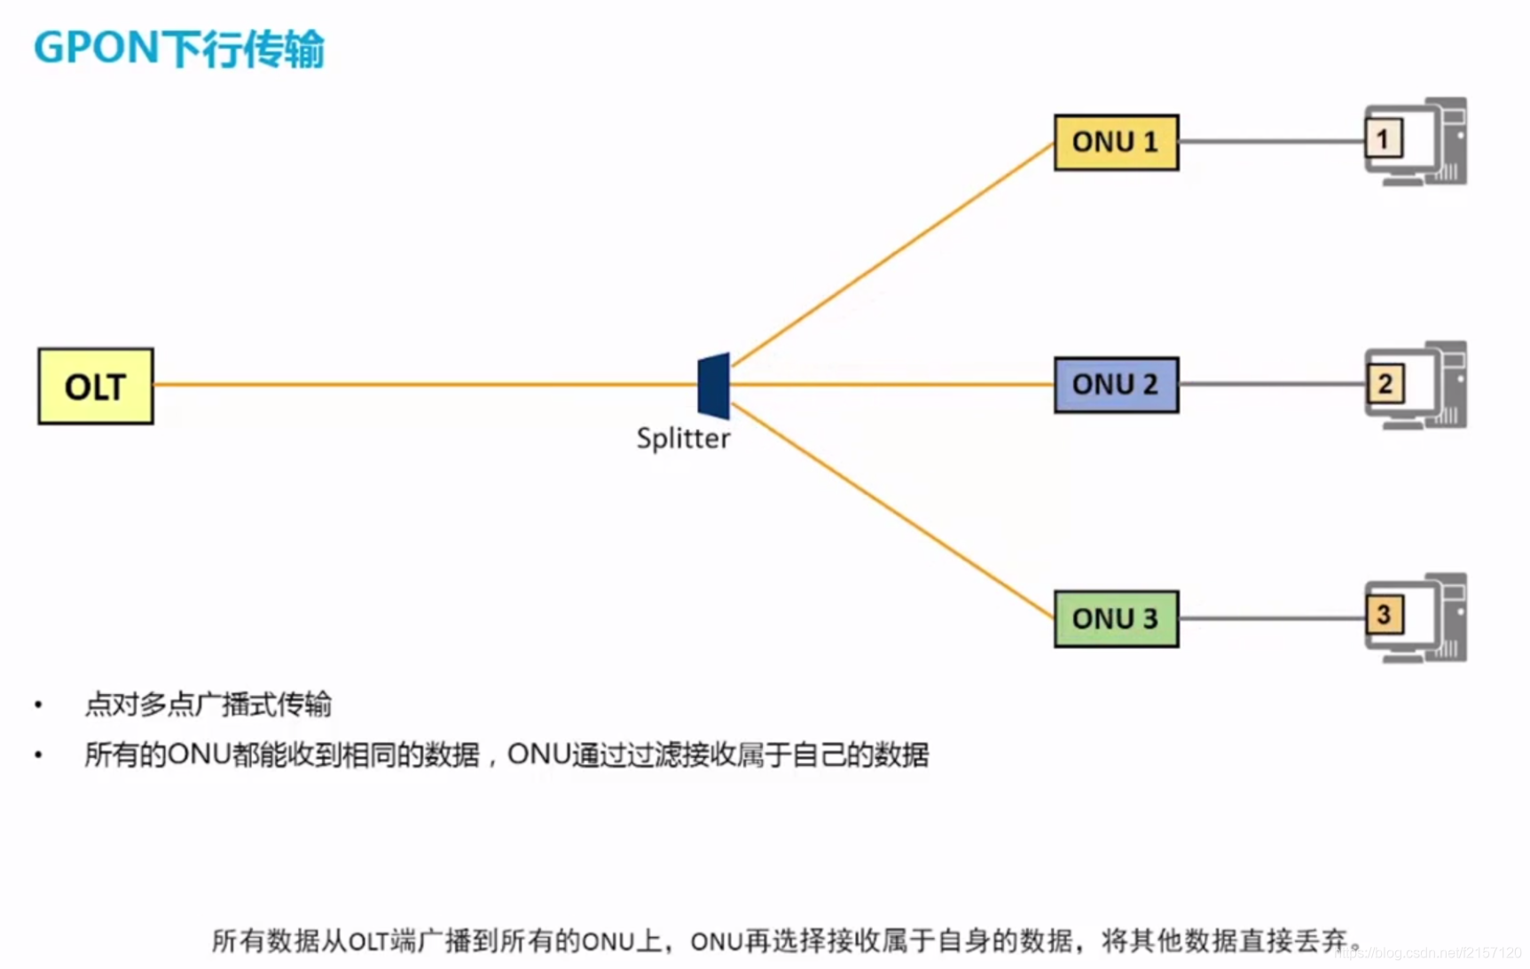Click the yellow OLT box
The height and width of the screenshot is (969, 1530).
point(96,386)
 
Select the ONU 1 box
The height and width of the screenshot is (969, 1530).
point(1116,142)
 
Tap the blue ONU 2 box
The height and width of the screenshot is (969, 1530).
point(1116,385)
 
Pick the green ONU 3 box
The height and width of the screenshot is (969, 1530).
point(1116,618)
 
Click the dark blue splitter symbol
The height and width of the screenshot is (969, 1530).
point(714,386)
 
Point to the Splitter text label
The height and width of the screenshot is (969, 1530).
point(683,439)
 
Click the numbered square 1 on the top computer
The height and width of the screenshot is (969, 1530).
point(1383,139)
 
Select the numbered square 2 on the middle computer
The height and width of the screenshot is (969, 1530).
point(1385,384)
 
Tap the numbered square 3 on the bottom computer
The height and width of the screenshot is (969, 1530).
point(1384,615)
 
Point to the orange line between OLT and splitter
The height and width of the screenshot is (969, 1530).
point(426,385)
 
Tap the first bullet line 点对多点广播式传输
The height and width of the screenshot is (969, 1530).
point(208,705)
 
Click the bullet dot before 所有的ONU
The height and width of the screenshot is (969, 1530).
point(38,755)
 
